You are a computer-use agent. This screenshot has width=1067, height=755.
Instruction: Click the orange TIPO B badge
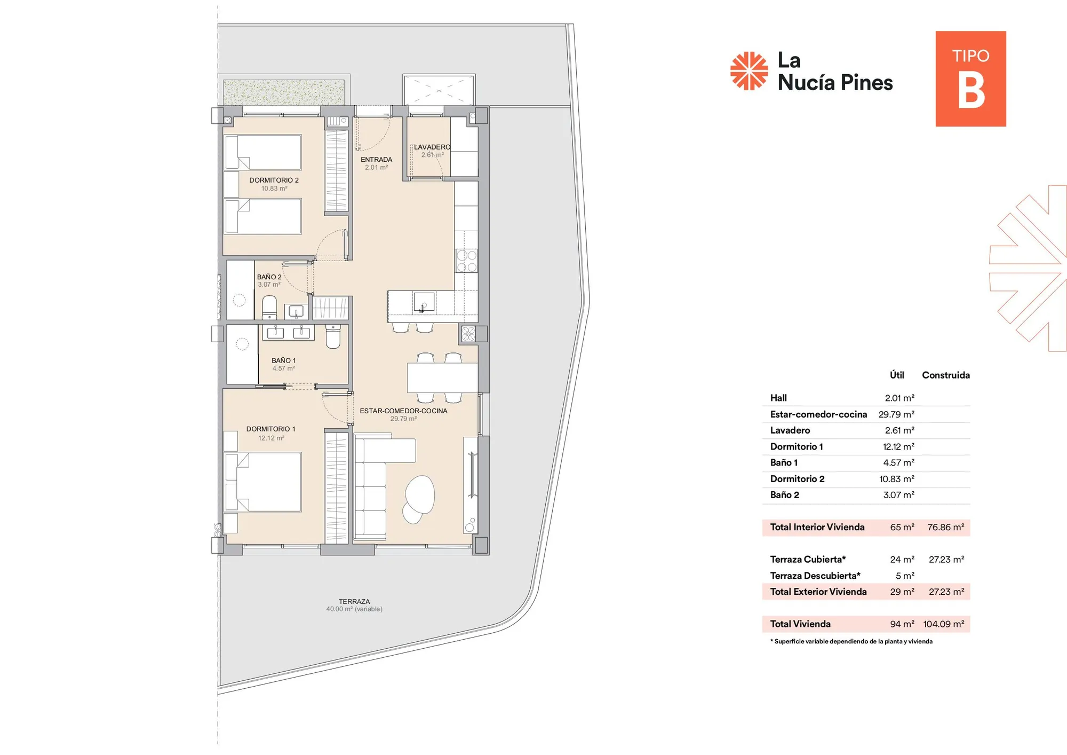[970, 78]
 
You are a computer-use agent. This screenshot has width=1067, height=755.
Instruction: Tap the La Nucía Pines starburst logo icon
[749, 70]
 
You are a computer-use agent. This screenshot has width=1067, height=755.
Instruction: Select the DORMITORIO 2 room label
[274, 180]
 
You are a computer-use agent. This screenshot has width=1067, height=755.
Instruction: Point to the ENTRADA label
[376, 159]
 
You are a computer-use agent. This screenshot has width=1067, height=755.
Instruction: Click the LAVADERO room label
[432, 147]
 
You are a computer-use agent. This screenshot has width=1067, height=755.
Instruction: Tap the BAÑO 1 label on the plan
[283, 360]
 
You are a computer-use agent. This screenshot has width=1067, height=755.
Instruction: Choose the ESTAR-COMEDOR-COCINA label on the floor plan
[403, 411]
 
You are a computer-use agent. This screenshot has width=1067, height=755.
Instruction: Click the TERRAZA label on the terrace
[354, 601]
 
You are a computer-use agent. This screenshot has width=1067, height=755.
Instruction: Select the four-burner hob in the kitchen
[466, 261]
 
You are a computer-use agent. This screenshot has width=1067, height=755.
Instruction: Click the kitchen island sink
[424, 302]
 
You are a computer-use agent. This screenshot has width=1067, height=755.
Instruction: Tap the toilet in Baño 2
[269, 307]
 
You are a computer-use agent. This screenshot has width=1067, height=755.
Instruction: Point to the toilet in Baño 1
[333, 336]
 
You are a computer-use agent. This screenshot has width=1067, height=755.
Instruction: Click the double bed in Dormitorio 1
[263, 482]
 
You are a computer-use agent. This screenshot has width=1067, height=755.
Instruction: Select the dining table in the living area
[442, 377]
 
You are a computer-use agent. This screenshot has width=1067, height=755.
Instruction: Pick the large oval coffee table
[420, 494]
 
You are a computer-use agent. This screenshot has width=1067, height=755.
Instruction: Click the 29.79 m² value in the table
[896, 414]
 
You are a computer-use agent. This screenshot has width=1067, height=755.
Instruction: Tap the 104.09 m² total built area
[943, 624]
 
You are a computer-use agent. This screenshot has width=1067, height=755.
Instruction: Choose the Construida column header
[945, 375]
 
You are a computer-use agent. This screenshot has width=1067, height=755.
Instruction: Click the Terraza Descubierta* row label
[815, 576]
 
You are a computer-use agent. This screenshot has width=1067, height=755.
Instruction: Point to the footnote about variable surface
[851, 641]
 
